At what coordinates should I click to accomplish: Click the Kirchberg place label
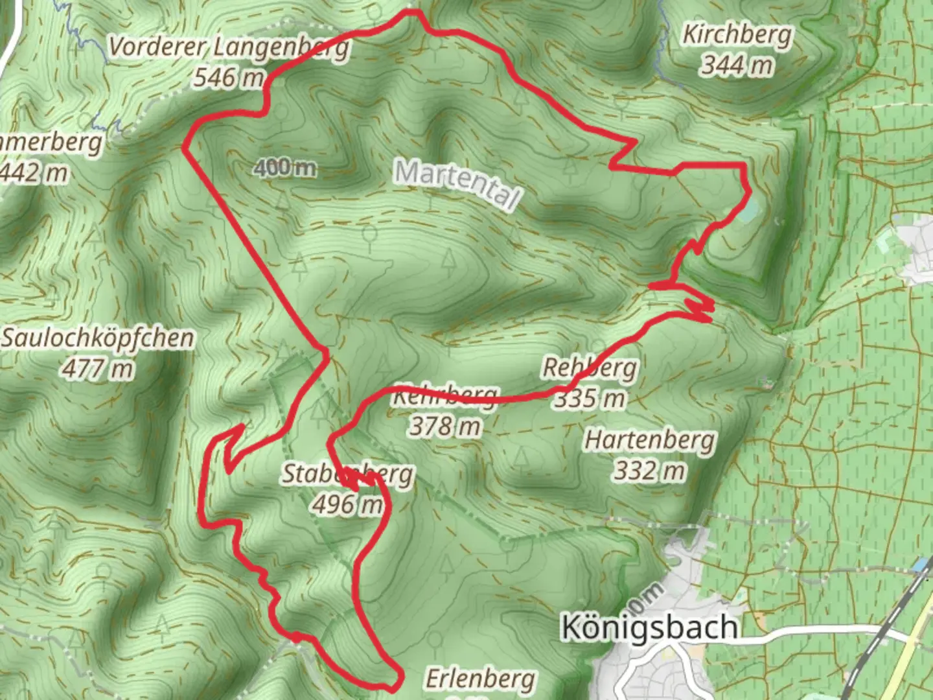pyautogui.click(x=737, y=35)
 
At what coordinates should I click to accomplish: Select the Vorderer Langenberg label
pyautogui.click(x=229, y=47)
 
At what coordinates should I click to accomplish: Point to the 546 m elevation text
pyautogui.click(x=229, y=78)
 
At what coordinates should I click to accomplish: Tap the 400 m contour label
pyautogui.click(x=285, y=168)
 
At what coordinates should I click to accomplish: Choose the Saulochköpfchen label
pyautogui.click(x=98, y=338)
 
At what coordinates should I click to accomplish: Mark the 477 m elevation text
pyautogui.click(x=98, y=369)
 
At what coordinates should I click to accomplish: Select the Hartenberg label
pyautogui.click(x=649, y=440)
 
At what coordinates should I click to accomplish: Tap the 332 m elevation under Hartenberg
pyautogui.click(x=649, y=471)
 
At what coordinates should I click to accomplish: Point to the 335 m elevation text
pyautogui.click(x=590, y=398)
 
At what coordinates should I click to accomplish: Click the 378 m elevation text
pyautogui.click(x=446, y=426)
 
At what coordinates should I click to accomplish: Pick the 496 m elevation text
pyautogui.click(x=347, y=504)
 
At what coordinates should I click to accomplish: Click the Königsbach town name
pyautogui.click(x=649, y=627)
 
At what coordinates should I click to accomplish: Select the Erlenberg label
pyautogui.click(x=480, y=679)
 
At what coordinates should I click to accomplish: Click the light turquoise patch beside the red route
pyautogui.click(x=747, y=212)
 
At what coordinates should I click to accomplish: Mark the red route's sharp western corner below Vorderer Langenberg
pyautogui.click(x=185, y=148)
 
